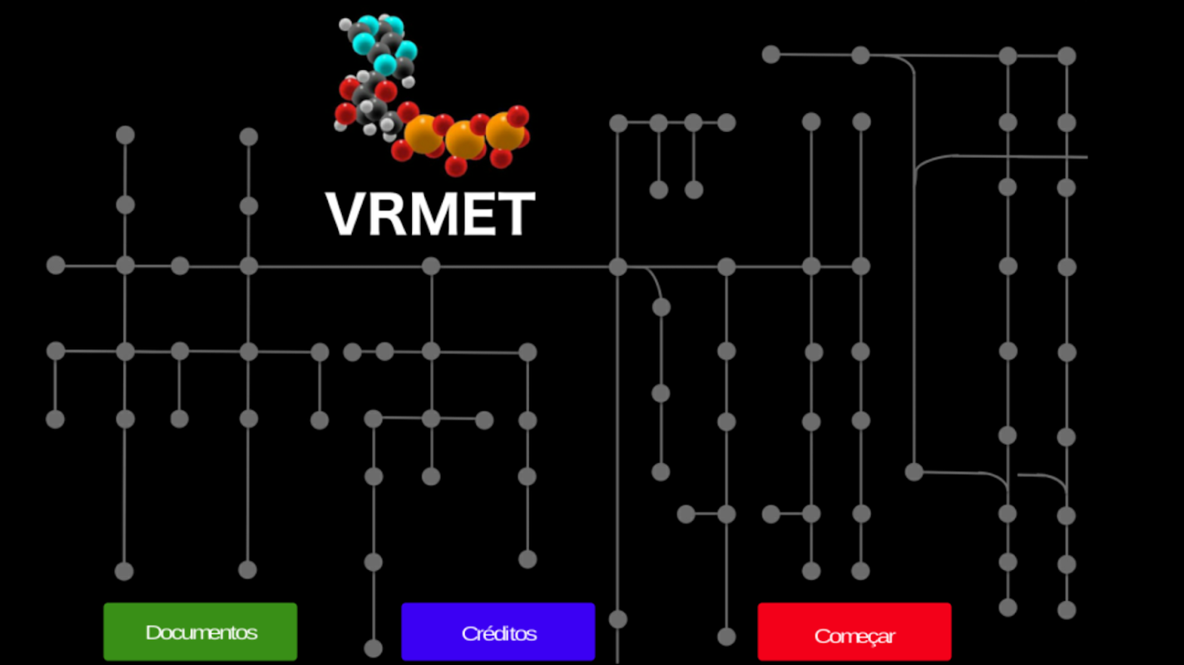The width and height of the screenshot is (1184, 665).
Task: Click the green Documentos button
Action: tap(200, 632)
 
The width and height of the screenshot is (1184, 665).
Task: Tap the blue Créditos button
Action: tap(498, 632)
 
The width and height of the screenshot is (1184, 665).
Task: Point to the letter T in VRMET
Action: tap(514, 214)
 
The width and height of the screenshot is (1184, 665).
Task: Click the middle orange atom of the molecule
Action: tap(464, 140)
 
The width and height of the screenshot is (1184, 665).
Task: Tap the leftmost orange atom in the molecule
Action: tap(423, 133)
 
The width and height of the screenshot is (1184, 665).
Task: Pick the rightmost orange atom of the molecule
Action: tap(503, 131)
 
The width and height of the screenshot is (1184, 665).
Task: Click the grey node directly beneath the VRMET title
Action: tap(430, 266)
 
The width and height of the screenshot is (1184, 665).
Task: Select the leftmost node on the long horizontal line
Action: tap(56, 265)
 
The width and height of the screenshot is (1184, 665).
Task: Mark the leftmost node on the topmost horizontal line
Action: tap(771, 55)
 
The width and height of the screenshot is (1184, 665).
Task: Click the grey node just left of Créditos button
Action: tap(374, 648)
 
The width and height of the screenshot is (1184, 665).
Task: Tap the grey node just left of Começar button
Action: tap(726, 637)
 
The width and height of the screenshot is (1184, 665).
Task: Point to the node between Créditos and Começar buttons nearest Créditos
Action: tap(617, 619)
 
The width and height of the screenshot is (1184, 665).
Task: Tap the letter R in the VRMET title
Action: tap(385, 214)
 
